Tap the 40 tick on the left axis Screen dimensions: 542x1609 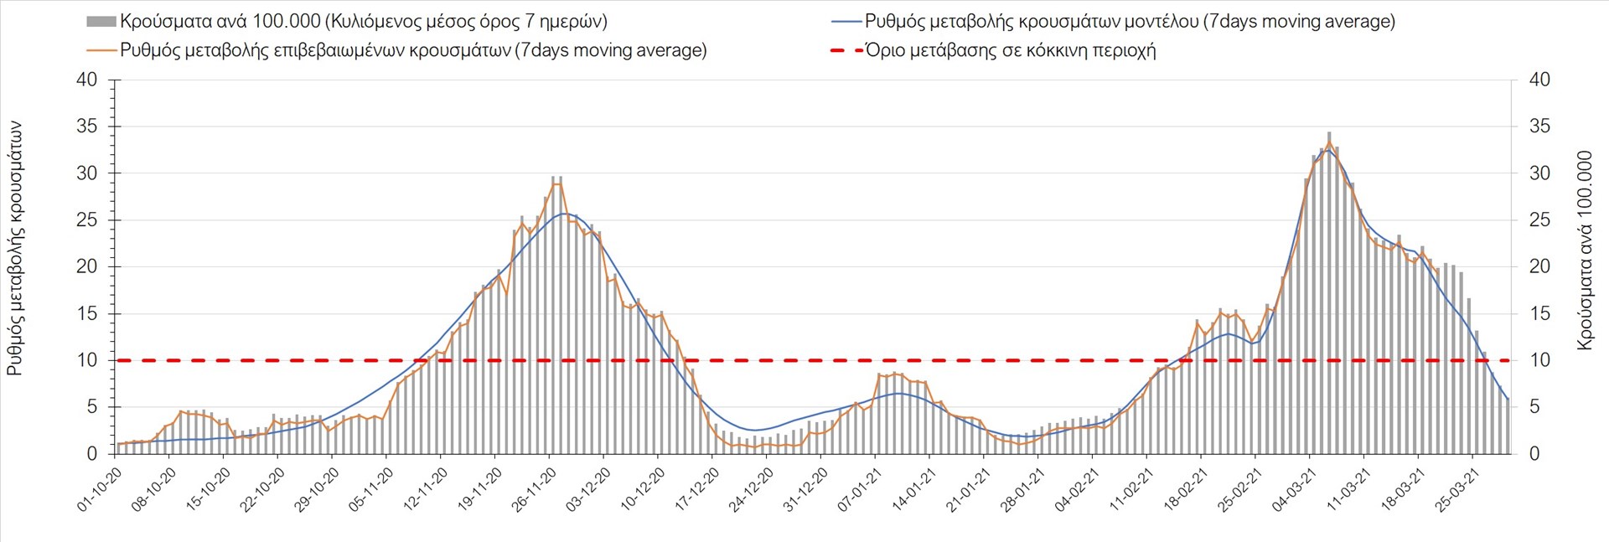pos(86,80)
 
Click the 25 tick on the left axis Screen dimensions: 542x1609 pos(86,220)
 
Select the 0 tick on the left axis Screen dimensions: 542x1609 pos(92,454)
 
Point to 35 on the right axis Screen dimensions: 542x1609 pos(1539,126)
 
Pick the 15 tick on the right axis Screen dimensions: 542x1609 pos(1539,314)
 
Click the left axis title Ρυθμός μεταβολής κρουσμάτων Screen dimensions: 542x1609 pos(15,248)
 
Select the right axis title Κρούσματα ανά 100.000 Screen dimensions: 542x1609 pos(1584,250)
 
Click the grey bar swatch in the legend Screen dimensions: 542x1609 pos(101,21)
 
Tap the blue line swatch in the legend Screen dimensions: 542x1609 pos(846,21)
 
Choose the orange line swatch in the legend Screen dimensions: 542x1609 pos(101,50)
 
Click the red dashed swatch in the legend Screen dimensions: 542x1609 pos(846,50)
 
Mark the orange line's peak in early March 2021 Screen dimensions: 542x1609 pos(1329,142)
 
